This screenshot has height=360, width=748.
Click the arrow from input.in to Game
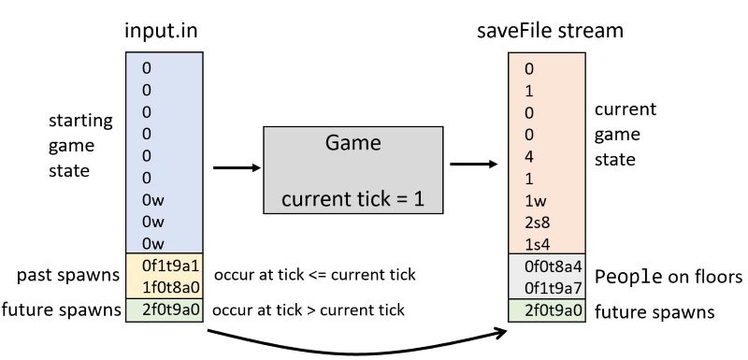[x=233, y=168]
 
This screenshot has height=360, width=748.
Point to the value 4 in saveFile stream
[x=529, y=155]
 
